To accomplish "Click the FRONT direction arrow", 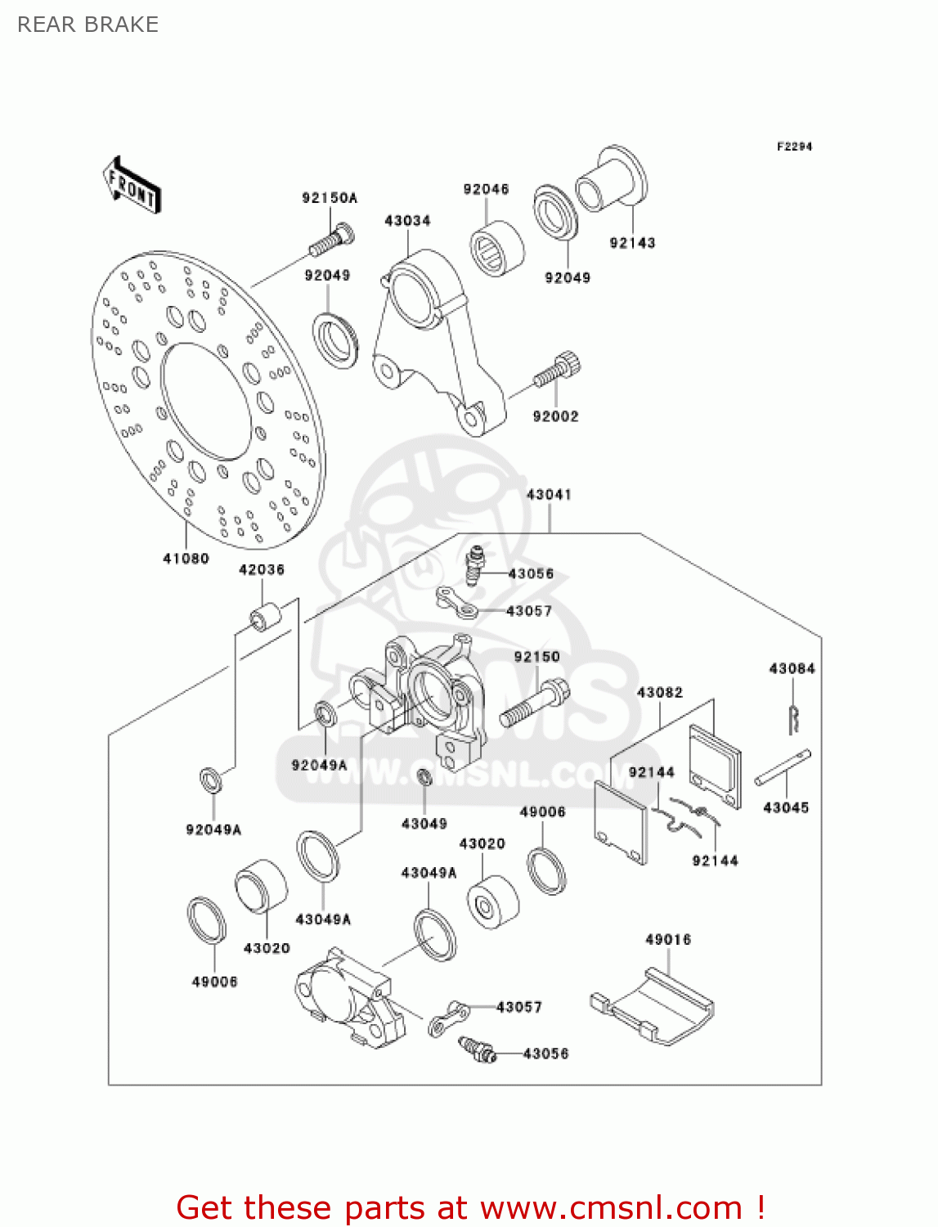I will coord(132,186).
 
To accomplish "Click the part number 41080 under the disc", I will coord(186,559).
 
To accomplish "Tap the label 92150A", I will coord(330,198).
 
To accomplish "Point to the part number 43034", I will coord(407,221).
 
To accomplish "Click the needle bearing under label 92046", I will coord(496,248).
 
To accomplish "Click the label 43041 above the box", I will coord(549,495).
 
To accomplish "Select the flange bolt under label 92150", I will coord(534,704).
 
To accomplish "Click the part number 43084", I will coord(792,669).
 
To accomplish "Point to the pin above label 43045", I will coord(783,768).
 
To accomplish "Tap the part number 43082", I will coord(660,693).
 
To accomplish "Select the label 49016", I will coord(668,940).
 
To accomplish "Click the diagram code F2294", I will coord(794,146).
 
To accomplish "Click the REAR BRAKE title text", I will coord(88,25).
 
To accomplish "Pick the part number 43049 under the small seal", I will coord(424,824).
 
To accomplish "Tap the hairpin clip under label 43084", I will coord(793,717).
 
